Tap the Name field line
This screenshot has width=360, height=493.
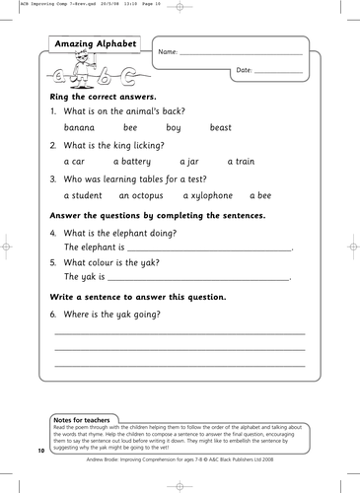[x=241, y=52]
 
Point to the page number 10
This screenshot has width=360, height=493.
[x=41, y=450]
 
